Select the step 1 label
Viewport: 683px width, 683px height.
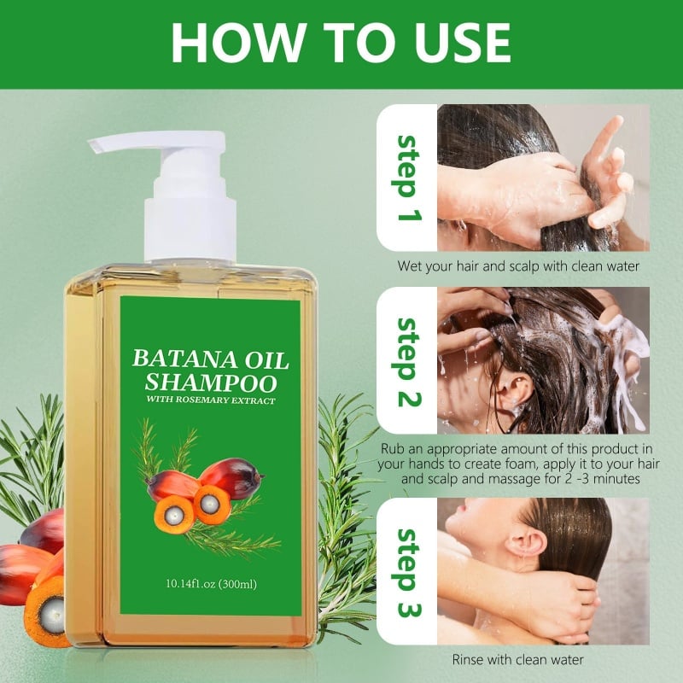pyautogui.click(x=409, y=177)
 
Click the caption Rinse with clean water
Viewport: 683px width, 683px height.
pyautogui.click(x=519, y=659)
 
